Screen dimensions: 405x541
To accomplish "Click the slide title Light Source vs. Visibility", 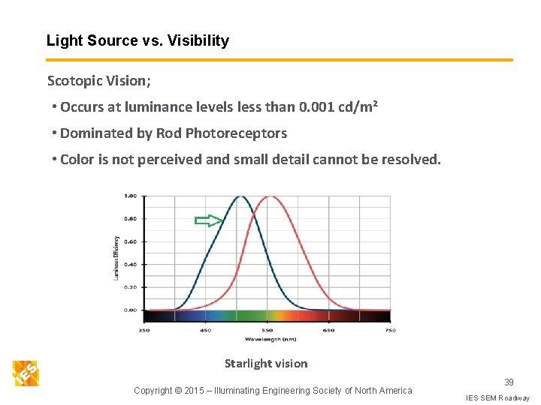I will coord(138,41).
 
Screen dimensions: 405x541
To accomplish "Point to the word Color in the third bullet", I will coord(77,160).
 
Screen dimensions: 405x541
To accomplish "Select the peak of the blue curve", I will coord(240,197).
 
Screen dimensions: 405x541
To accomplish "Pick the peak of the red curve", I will coord(269,197).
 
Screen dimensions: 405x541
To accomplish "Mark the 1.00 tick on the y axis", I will coord(130,196).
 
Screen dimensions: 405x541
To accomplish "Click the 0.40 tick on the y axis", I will coord(130,264).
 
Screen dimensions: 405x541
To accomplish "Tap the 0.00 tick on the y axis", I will coord(130,310).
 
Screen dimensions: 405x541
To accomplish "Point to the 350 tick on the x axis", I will coord(144,330).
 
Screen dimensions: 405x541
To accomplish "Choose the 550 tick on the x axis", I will coord(267,330).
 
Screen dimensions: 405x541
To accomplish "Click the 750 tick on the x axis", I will coord(390,330).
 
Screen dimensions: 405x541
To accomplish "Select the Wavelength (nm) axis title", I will coord(267,338).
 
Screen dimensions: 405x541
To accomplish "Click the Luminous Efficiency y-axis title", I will coord(116,257).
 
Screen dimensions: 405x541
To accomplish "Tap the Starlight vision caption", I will coord(266,364).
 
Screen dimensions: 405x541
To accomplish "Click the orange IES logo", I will coord(26,373).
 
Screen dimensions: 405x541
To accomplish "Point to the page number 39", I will coord(509,382).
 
